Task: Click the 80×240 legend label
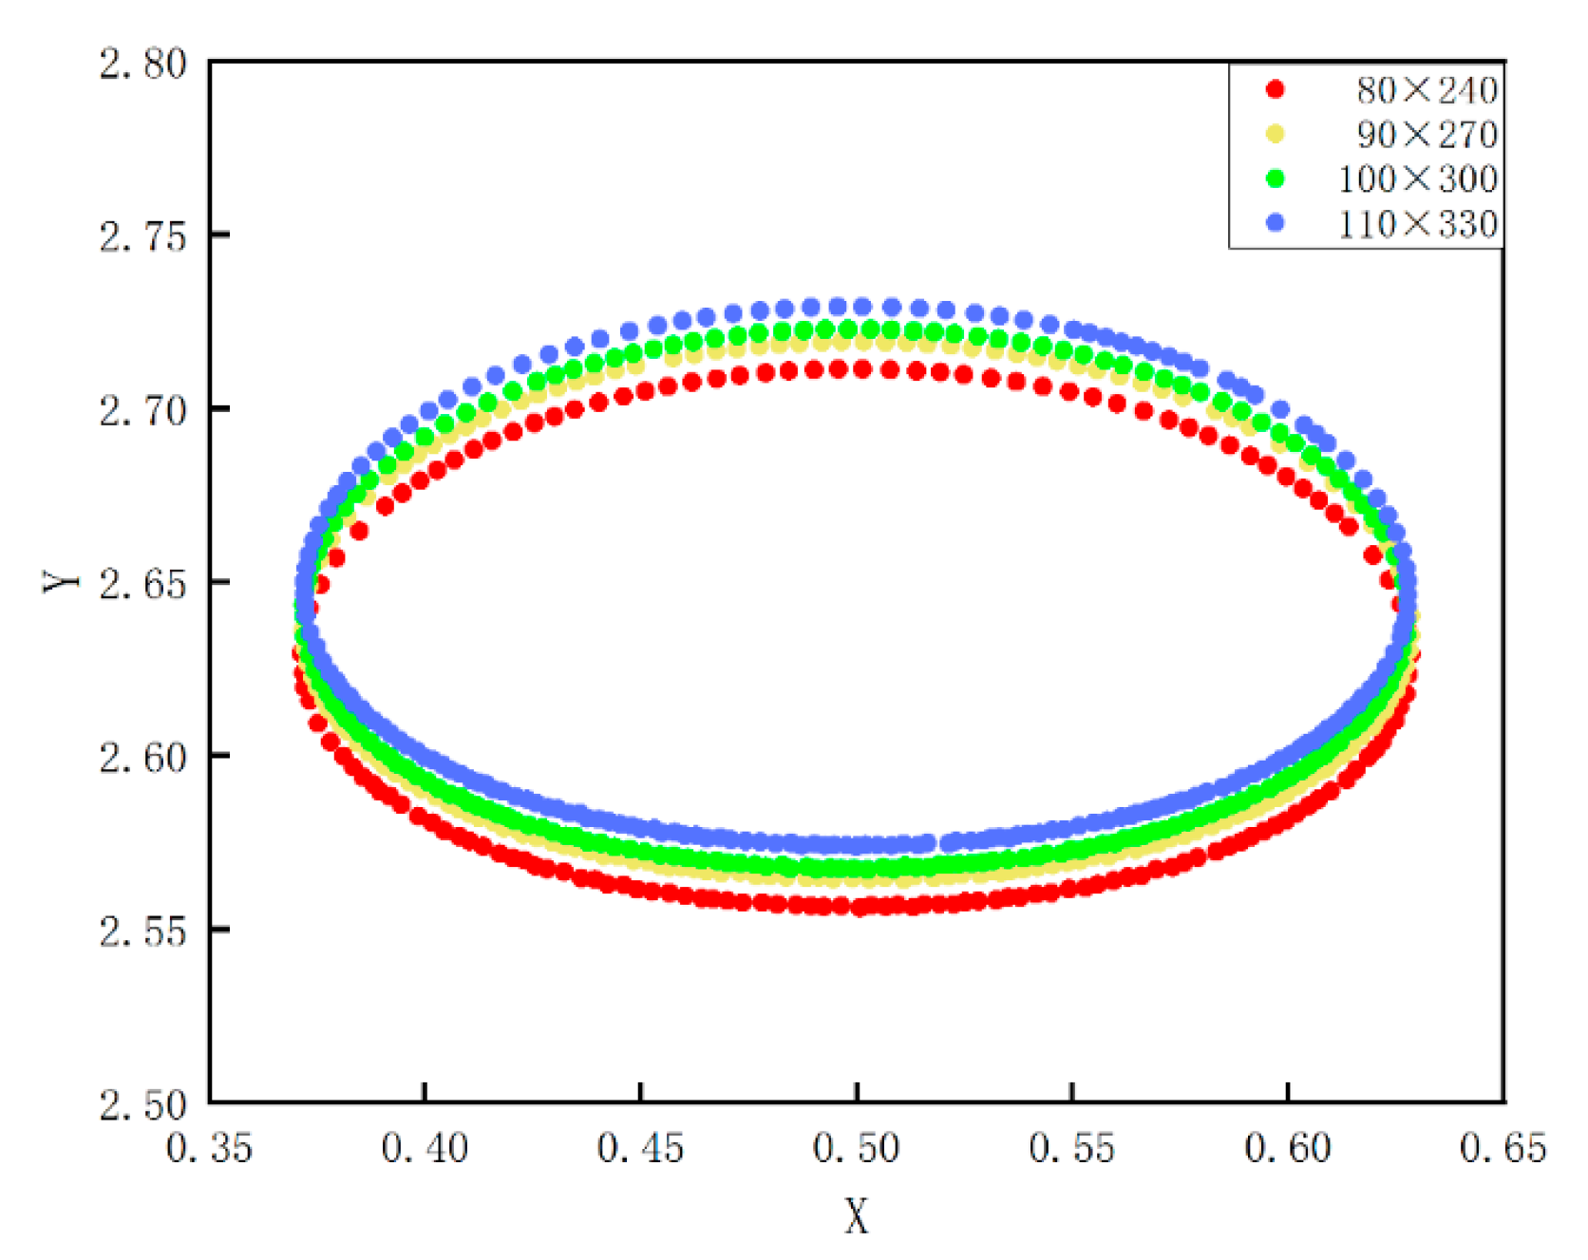pos(1427,90)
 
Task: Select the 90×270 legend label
pos(1427,135)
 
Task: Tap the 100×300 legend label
pos(1417,179)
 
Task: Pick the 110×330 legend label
pos(1417,224)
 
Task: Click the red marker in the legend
pos(1276,89)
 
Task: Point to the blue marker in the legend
pos(1276,222)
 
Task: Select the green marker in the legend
pos(1276,178)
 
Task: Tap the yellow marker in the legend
pos(1276,134)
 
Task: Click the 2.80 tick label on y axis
pos(143,65)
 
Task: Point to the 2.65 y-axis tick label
pos(143,584)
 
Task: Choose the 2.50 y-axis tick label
pos(143,1104)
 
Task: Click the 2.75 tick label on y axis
pos(143,237)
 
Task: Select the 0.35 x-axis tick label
pos(209,1149)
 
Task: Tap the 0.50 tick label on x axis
pos(857,1149)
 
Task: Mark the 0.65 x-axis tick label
pos(1503,1149)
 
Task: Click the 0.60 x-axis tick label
pos(1288,1149)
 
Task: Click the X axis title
pos(857,1215)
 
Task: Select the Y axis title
pos(62,582)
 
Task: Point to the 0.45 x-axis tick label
pos(640,1149)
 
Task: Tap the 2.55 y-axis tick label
pos(143,931)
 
